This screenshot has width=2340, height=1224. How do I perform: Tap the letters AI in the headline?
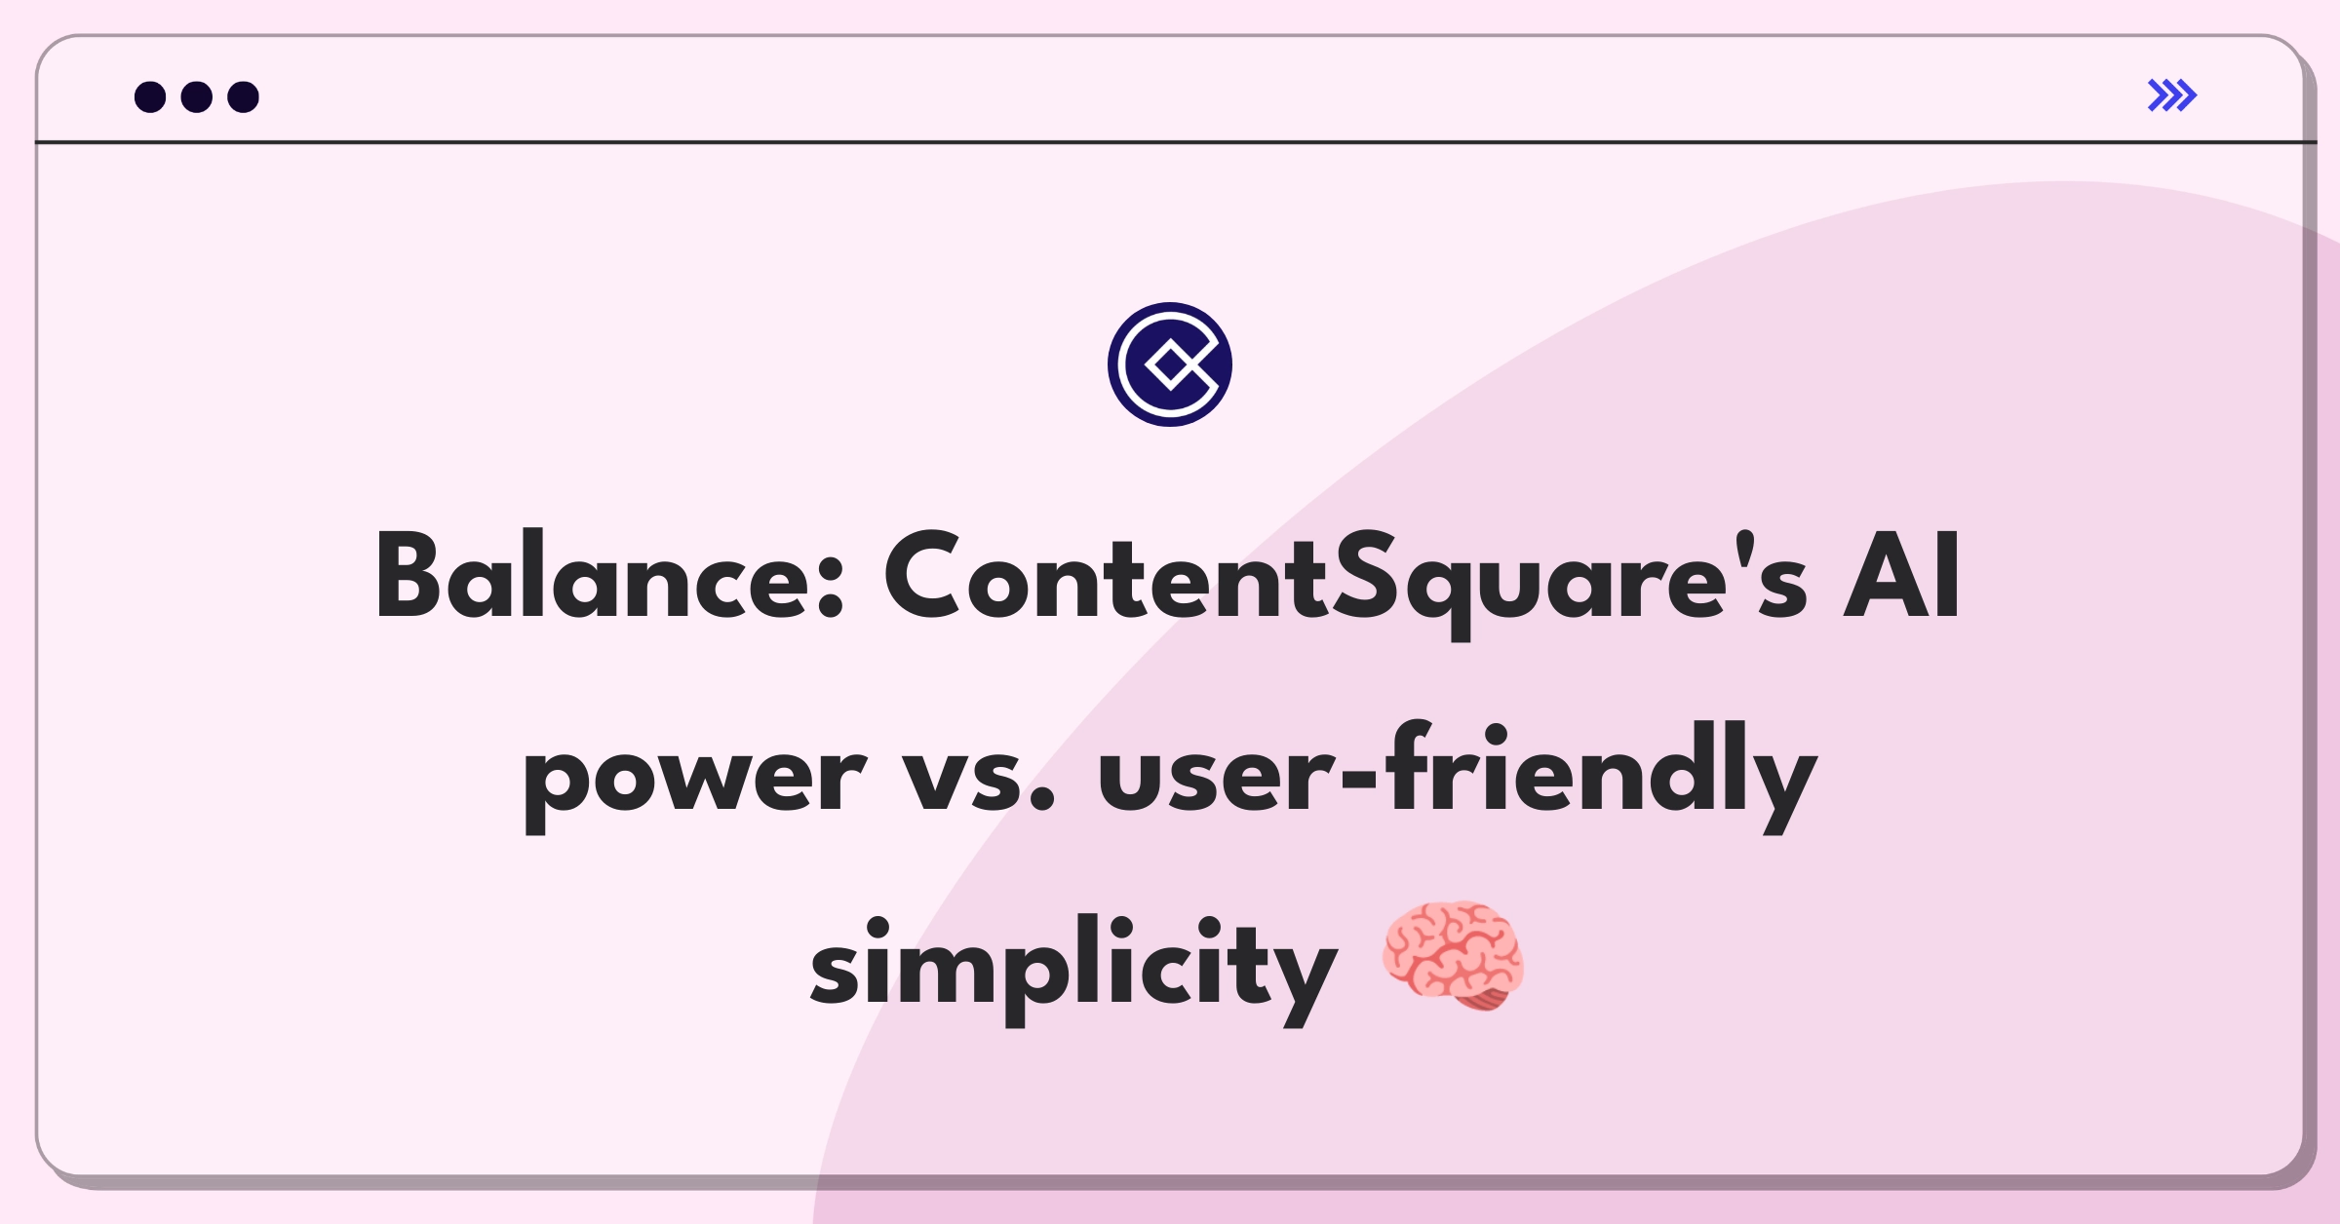1901,575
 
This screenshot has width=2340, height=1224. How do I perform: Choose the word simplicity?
1073,971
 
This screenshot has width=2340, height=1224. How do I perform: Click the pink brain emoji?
1453,956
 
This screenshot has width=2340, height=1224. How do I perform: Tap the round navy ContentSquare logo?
1170,364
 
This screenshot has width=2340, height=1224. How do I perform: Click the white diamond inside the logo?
1170,365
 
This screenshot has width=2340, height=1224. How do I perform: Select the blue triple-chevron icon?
2172,96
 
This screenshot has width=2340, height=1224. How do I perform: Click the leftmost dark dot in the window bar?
150,96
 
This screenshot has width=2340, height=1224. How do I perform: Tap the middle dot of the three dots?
197,96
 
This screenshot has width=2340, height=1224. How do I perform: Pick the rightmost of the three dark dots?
244,96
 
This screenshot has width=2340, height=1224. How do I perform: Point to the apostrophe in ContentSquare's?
1744,547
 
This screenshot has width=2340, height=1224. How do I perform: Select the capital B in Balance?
408,575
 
